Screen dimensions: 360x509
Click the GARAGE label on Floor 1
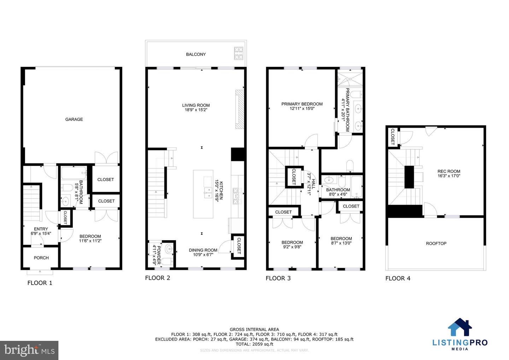[x=74, y=120]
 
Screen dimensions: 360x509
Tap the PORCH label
[x=41, y=258]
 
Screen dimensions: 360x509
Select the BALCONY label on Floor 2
[x=196, y=54]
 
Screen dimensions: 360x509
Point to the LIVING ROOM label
[x=196, y=105]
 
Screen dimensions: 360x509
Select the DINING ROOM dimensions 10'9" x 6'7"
[x=203, y=255]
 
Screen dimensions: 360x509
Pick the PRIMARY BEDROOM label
[x=302, y=104]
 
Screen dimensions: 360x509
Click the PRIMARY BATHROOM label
[x=347, y=110]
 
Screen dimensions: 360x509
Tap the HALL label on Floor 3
[x=313, y=184]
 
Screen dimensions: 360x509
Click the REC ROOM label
[x=449, y=172]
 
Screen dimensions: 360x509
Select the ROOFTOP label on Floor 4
[x=436, y=244]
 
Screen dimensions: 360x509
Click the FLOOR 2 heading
[x=157, y=278]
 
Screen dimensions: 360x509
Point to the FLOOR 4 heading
[x=398, y=278]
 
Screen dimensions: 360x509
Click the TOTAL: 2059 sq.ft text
[x=254, y=344]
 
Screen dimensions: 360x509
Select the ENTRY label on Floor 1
[x=41, y=229]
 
